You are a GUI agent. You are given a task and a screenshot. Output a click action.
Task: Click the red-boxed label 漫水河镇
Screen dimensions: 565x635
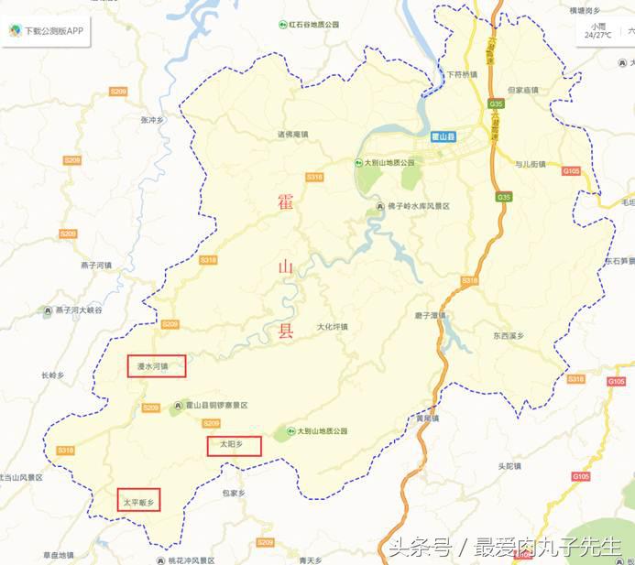(156, 366)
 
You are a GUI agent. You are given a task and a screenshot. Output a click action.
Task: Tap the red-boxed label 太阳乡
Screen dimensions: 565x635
(234, 446)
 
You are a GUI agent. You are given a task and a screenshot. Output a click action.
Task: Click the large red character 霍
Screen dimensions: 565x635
(285, 202)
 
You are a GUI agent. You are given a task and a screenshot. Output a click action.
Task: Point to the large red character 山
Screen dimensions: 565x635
(285, 267)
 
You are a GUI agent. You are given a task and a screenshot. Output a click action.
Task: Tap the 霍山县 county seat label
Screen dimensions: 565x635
(445, 136)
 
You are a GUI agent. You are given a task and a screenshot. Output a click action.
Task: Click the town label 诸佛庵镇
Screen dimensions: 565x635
(293, 135)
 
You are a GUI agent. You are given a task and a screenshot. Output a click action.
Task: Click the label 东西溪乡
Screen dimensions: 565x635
(509, 336)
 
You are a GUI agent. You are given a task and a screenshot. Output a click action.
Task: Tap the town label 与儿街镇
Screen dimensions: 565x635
(530, 165)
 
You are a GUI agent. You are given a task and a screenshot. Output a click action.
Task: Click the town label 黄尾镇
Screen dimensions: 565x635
(427, 418)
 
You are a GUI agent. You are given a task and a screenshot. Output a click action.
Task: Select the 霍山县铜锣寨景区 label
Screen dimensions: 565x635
(216, 405)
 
